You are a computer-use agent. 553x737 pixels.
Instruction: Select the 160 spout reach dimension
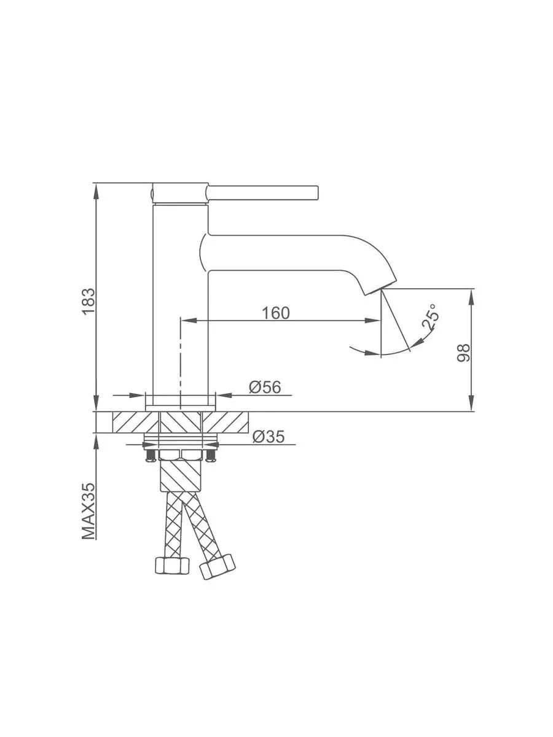coord(276,313)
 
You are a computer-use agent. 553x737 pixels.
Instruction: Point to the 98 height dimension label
coord(464,353)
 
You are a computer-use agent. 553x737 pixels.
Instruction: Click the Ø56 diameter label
coord(265,387)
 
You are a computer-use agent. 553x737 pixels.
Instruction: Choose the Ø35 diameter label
coord(269,437)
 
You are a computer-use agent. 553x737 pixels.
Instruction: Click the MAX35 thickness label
coord(88,512)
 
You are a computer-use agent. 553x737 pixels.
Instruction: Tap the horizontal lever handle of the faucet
coord(262,193)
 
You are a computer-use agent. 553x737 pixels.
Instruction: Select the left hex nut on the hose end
coord(172,566)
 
